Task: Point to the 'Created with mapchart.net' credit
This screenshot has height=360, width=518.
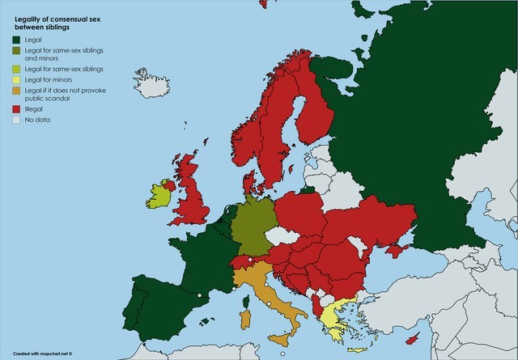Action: coord(42,353)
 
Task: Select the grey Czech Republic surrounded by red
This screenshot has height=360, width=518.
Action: coord(278,236)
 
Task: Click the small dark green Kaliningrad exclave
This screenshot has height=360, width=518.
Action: coord(307,190)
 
